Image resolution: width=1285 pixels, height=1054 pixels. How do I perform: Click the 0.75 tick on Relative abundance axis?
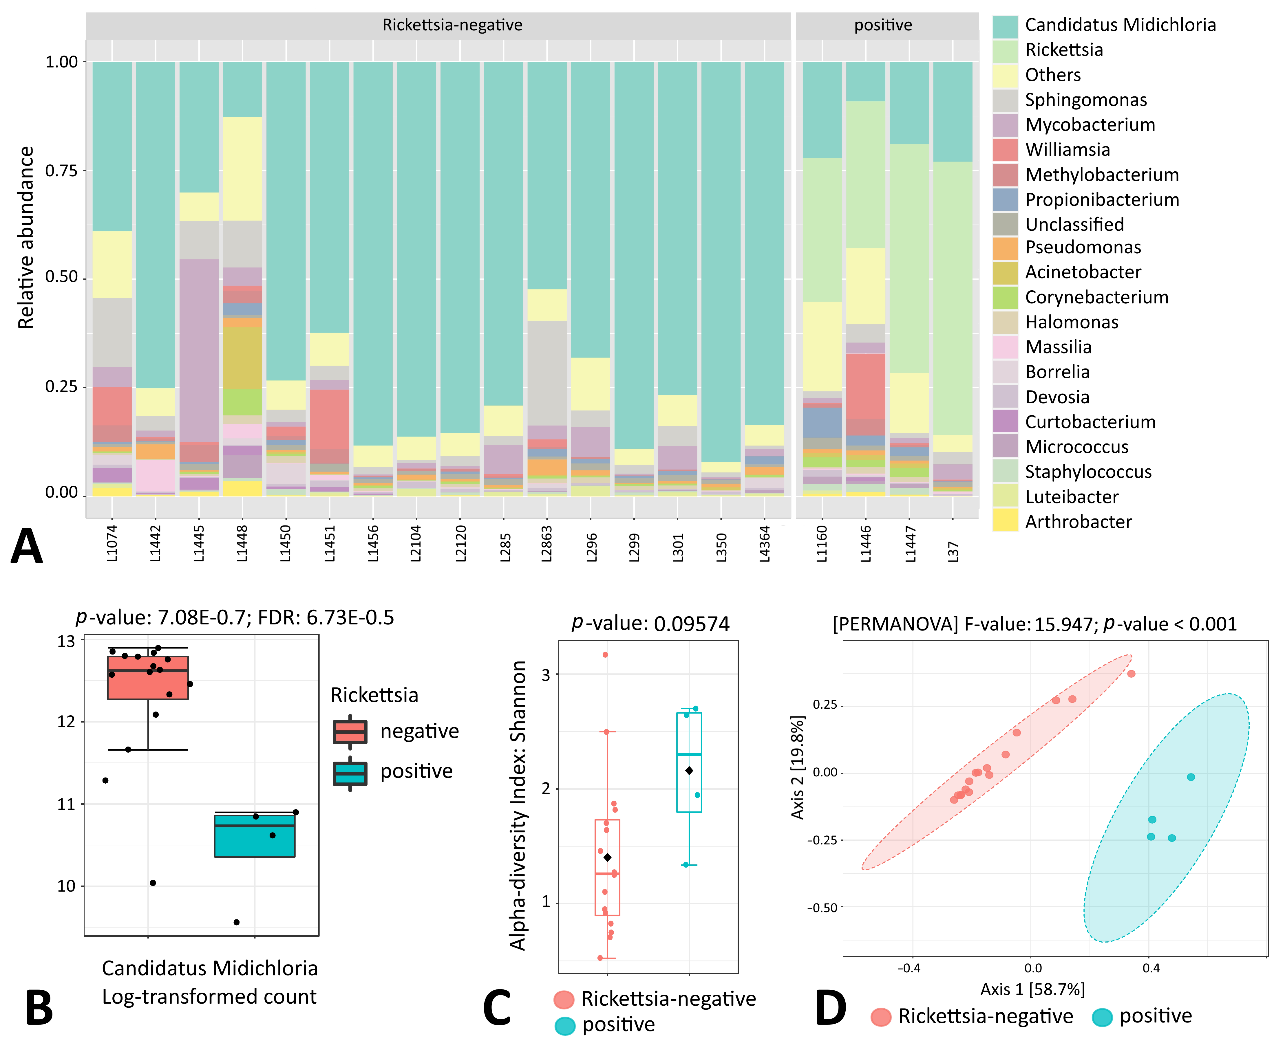pyautogui.click(x=61, y=171)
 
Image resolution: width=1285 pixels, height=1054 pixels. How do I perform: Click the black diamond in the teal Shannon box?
pyautogui.click(x=689, y=771)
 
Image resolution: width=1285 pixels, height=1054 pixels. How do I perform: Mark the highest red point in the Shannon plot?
pyautogui.click(x=605, y=655)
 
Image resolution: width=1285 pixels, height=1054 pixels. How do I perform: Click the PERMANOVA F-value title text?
pyautogui.click(x=1034, y=624)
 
